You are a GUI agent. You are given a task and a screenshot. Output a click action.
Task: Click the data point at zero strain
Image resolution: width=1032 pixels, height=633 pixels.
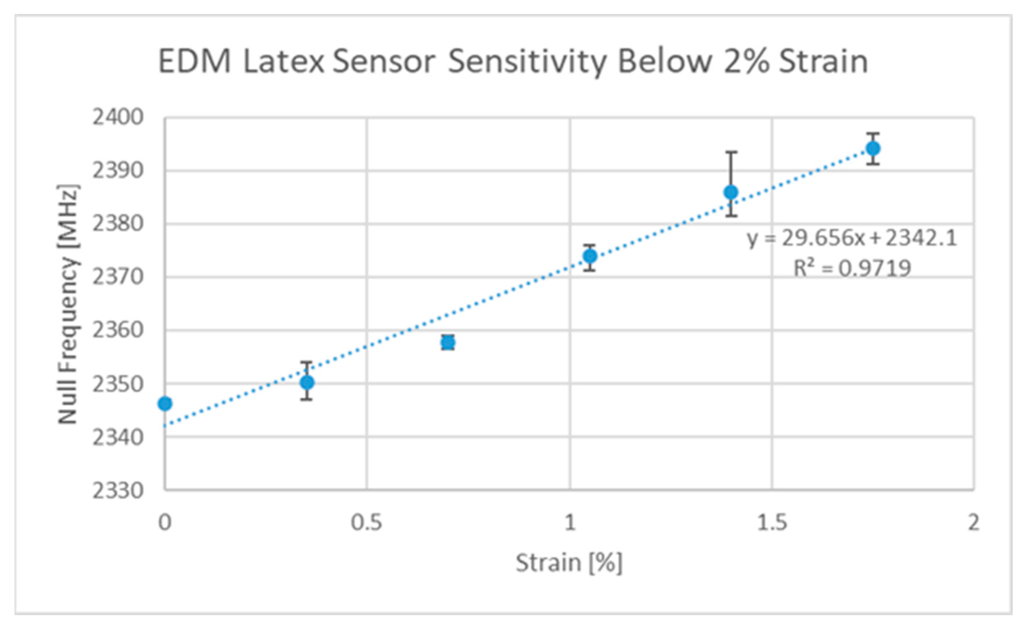pyautogui.click(x=164, y=404)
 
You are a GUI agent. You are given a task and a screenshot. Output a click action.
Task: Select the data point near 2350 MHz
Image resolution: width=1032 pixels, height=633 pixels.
pyautogui.click(x=307, y=382)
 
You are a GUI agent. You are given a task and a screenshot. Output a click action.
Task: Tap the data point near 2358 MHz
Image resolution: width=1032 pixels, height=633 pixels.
pyautogui.click(x=448, y=342)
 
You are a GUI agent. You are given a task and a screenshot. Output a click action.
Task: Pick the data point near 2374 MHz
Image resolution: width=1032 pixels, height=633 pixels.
pyautogui.click(x=590, y=256)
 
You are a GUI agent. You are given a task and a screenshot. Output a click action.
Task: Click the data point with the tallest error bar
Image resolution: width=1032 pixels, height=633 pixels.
pyautogui.click(x=731, y=193)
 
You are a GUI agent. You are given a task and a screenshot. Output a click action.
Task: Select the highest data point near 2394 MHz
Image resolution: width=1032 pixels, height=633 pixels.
pyautogui.click(x=873, y=149)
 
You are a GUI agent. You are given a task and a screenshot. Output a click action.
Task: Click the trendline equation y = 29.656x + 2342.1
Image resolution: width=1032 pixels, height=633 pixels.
pyautogui.click(x=852, y=238)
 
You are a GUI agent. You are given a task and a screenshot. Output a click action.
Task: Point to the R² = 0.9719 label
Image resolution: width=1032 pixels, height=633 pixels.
pyautogui.click(x=852, y=268)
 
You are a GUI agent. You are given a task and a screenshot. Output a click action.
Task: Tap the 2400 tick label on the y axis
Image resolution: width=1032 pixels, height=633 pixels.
pyautogui.click(x=118, y=117)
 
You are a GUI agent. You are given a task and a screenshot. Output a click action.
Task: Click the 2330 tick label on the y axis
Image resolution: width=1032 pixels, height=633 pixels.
pyautogui.click(x=118, y=491)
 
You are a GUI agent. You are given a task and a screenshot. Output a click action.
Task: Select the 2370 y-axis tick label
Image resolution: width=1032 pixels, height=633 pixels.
pyautogui.click(x=118, y=277)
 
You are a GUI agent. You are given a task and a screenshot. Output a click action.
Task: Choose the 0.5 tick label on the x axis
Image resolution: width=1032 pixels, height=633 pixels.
pyautogui.click(x=367, y=523)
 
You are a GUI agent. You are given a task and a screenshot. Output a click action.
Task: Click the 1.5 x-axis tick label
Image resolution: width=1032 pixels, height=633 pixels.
pyautogui.click(x=772, y=523)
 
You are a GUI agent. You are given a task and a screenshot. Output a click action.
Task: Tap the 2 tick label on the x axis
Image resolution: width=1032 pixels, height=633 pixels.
pyautogui.click(x=973, y=523)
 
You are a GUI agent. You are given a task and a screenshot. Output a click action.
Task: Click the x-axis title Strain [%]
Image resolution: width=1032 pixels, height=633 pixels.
pyautogui.click(x=569, y=562)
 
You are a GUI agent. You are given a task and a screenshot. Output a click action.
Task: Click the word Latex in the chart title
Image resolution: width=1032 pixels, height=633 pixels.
pyautogui.click(x=284, y=62)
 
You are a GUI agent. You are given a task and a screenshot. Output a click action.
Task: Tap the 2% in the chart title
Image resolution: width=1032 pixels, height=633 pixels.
pyautogui.click(x=746, y=62)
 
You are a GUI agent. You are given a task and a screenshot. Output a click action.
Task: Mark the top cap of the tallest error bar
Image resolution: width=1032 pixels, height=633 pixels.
pyautogui.click(x=731, y=152)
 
